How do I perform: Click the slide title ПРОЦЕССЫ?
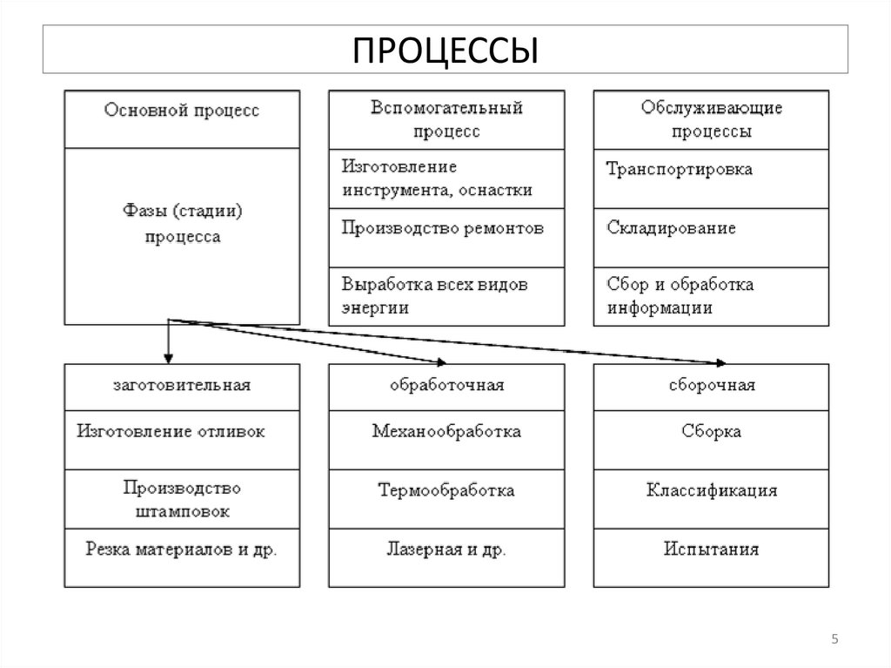(x=445, y=50)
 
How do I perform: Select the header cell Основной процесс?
(x=181, y=111)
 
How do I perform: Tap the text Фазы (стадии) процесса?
(x=181, y=224)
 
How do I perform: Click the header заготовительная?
(x=181, y=385)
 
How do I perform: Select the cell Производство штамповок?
(x=182, y=498)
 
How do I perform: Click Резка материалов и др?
(x=181, y=550)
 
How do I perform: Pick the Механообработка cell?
(x=446, y=431)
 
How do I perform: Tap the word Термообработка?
(x=446, y=490)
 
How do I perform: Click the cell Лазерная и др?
(x=446, y=550)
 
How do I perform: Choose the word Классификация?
(x=711, y=490)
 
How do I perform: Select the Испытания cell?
(x=711, y=550)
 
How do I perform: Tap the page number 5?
(x=834, y=641)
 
